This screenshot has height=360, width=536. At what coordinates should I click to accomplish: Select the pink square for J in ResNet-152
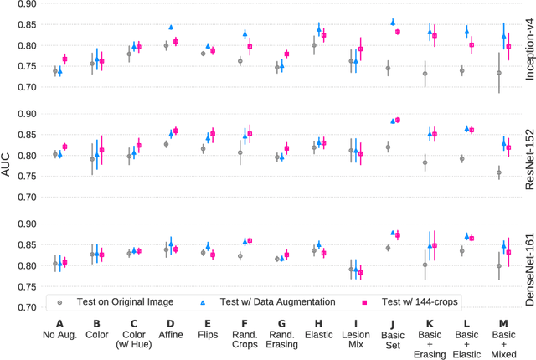point(398,120)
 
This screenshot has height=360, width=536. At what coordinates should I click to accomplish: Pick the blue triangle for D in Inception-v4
point(171,28)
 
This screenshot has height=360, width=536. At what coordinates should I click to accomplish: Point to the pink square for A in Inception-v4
point(64,59)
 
